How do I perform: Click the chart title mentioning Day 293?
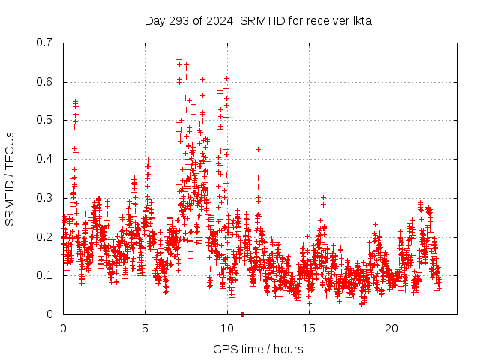[258, 20]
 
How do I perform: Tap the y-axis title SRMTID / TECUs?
[10, 178]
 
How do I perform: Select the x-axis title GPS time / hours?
[258, 349]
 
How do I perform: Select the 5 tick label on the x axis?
[145, 328]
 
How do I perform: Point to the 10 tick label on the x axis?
[227, 328]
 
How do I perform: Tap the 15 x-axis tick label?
[309, 328]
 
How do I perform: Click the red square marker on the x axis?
[243, 314]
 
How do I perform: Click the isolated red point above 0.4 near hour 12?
[258, 149]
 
